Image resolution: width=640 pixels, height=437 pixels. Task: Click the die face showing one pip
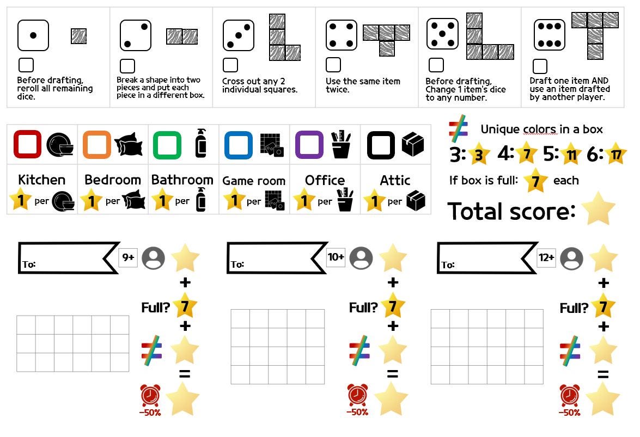(x=33, y=35)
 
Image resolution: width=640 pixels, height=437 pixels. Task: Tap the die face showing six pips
(x=550, y=35)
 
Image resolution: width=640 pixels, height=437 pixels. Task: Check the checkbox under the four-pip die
(x=333, y=65)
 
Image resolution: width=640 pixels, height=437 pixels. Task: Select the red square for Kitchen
(x=27, y=144)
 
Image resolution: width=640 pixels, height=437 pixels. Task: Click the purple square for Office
(x=309, y=145)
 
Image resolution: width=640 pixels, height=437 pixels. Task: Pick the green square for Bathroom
(x=167, y=145)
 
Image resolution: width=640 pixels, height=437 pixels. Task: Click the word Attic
(x=395, y=180)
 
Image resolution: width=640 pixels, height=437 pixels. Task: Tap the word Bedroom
(x=113, y=180)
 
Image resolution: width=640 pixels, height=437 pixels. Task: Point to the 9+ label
(x=128, y=257)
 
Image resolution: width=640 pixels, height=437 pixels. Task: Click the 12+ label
(x=546, y=257)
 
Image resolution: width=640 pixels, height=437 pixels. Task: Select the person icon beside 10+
(x=361, y=258)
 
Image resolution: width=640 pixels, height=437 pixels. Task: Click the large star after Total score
(x=599, y=208)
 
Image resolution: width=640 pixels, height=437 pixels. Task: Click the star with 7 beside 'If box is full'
(x=535, y=181)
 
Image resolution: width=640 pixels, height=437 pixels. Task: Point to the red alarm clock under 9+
(x=150, y=395)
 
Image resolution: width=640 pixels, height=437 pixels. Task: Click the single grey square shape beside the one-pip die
(x=79, y=36)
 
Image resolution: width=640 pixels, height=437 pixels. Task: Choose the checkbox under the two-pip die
(x=127, y=66)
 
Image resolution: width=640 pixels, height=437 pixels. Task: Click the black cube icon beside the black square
(x=413, y=144)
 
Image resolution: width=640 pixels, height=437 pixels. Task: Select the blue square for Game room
(x=239, y=145)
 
